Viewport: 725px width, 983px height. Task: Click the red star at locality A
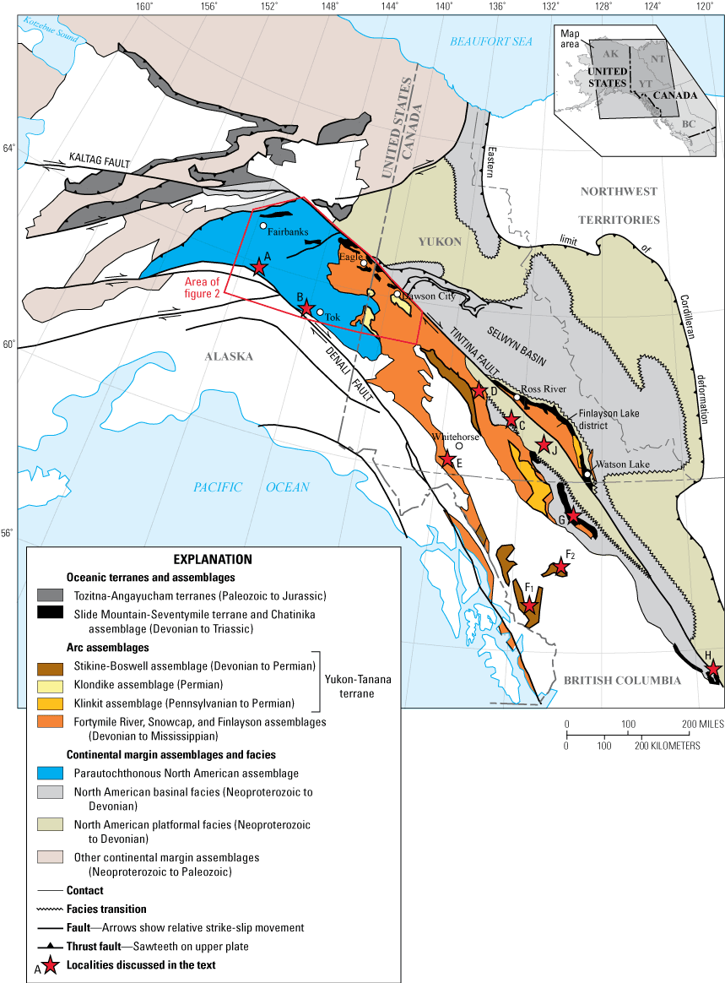click(x=259, y=268)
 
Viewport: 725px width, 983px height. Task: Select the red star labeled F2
click(x=560, y=568)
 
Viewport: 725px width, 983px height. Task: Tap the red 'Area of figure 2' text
click(x=203, y=287)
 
